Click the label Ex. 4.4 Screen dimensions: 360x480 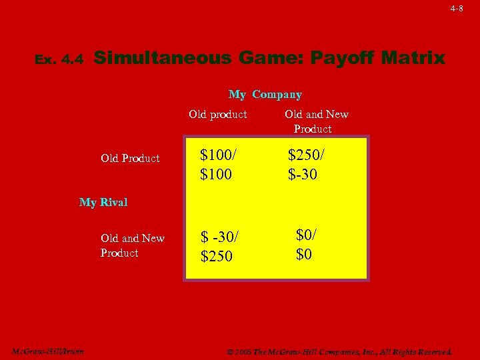(59, 60)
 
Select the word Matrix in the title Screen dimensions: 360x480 (414, 58)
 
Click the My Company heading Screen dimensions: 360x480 (265, 95)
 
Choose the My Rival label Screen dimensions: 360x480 (103, 202)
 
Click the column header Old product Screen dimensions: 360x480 (217, 114)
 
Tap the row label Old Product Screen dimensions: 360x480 (130, 158)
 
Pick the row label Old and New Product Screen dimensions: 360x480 (132, 245)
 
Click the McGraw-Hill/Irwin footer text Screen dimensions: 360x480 (47, 351)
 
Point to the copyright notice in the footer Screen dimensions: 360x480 (339, 351)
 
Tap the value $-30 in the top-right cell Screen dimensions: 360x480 (303, 175)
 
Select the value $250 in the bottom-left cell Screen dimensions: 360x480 (217, 256)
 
